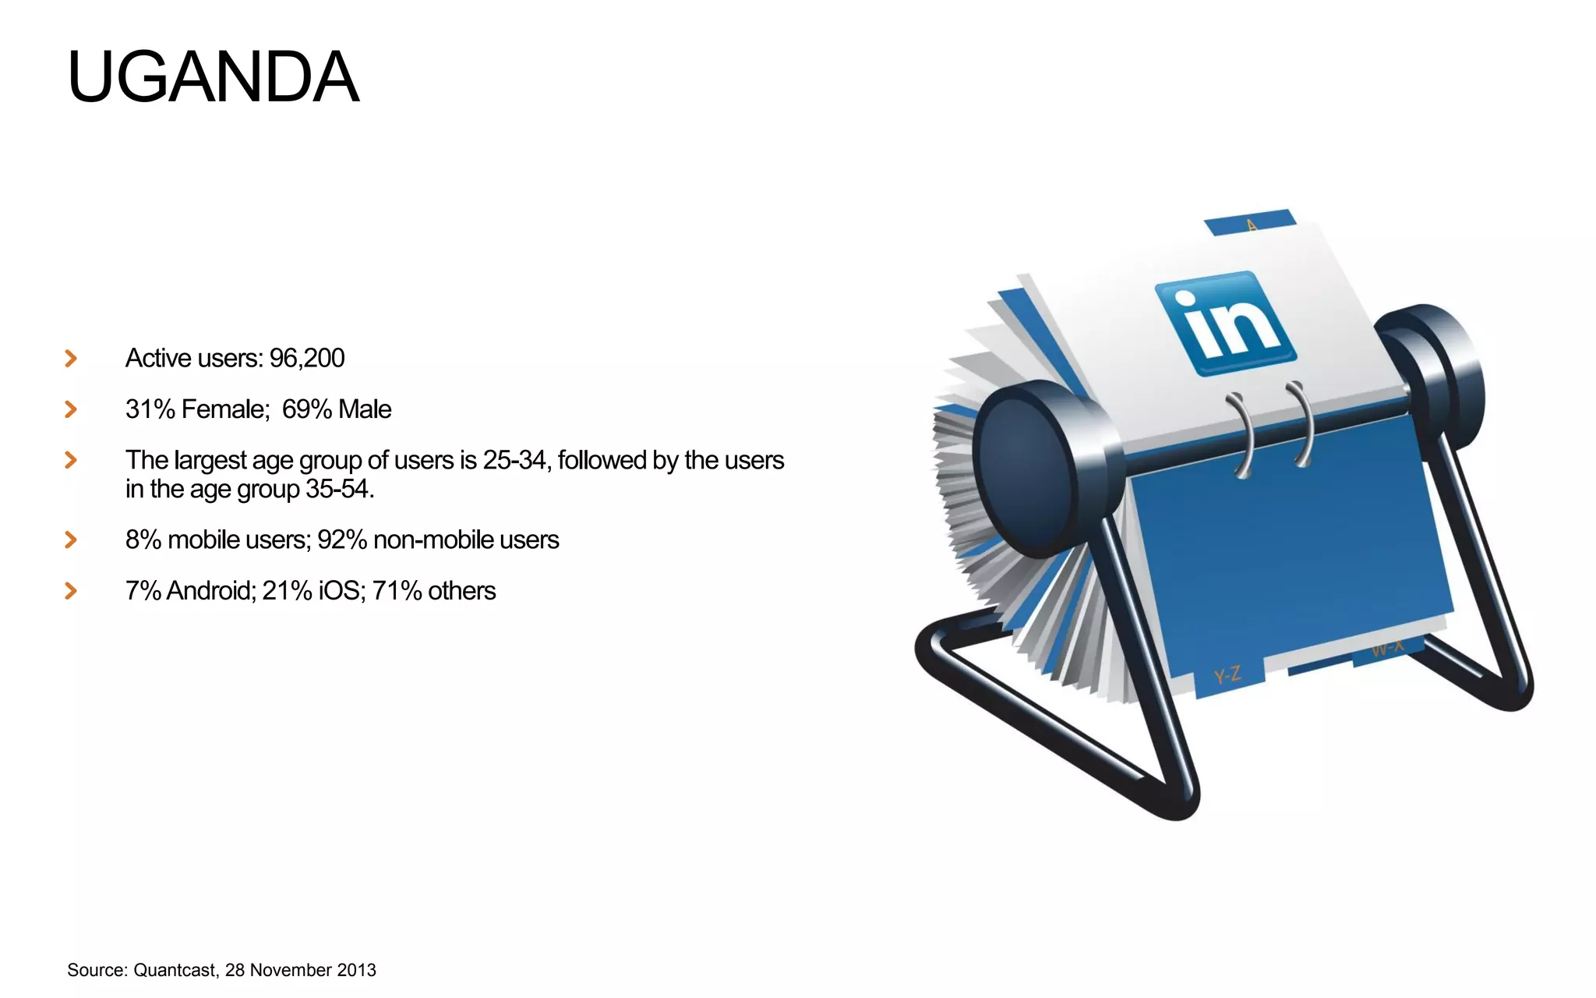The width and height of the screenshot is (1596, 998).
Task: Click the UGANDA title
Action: tap(213, 76)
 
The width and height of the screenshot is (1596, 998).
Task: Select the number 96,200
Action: tap(307, 358)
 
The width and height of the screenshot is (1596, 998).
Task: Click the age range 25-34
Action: tap(514, 461)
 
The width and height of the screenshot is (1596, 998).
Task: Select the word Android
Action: tap(210, 591)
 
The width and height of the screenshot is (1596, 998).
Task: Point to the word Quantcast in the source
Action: tap(175, 970)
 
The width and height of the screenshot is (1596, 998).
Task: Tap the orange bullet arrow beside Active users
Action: tap(71, 359)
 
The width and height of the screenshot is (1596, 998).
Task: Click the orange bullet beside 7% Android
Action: tap(71, 591)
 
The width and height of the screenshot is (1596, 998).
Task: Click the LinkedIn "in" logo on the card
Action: tap(1226, 324)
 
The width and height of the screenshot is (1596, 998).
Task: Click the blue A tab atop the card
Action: tap(1250, 222)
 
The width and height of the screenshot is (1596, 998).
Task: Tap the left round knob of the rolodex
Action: tap(1029, 468)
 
